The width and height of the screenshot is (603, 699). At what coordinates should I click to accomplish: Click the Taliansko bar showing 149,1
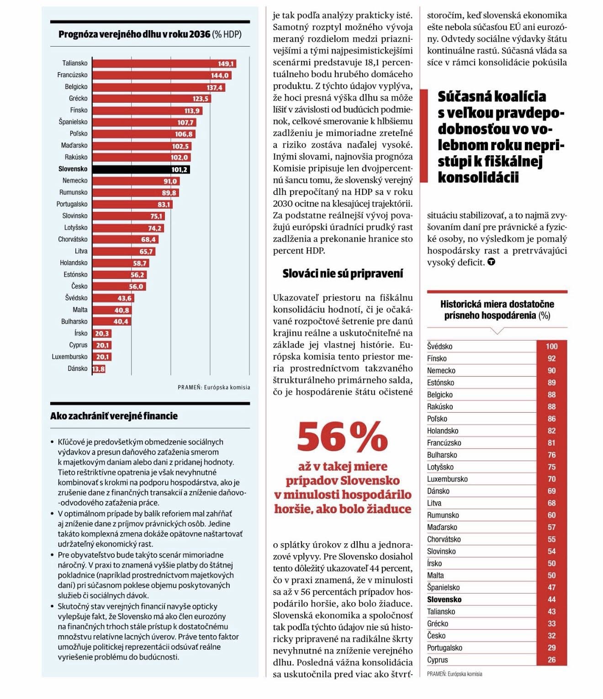[164, 63]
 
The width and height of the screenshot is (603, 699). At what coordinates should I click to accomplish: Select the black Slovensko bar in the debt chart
[141, 169]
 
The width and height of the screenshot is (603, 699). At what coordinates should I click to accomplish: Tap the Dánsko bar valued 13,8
[99, 369]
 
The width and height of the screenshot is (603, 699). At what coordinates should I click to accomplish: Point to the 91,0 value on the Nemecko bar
[170, 181]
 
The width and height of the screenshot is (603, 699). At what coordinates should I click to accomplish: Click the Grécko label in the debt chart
[78, 99]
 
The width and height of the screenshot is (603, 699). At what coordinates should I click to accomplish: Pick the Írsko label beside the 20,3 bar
[81, 333]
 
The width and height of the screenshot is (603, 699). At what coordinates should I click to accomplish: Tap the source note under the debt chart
[214, 387]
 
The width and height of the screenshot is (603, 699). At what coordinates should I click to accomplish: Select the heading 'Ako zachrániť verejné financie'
[114, 416]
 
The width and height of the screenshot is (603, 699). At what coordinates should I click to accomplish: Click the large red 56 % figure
[342, 436]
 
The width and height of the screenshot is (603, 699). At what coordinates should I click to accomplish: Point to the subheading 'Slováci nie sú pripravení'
[343, 273]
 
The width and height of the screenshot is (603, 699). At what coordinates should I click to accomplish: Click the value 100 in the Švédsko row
[551, 347]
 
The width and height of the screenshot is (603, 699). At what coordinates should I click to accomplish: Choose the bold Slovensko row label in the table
[444, 599]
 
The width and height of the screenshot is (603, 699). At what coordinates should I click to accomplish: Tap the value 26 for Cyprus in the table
[551, 660]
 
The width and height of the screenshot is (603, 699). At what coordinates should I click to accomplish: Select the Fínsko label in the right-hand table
[437, 358]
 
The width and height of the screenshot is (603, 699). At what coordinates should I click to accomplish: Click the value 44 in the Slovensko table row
[551, 599]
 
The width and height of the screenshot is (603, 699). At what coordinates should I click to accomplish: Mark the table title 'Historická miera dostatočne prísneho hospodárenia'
[497, 310]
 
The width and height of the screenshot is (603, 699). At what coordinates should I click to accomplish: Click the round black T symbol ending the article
[491, 262]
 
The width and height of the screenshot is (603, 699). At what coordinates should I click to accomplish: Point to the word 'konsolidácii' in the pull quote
[478, 178]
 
